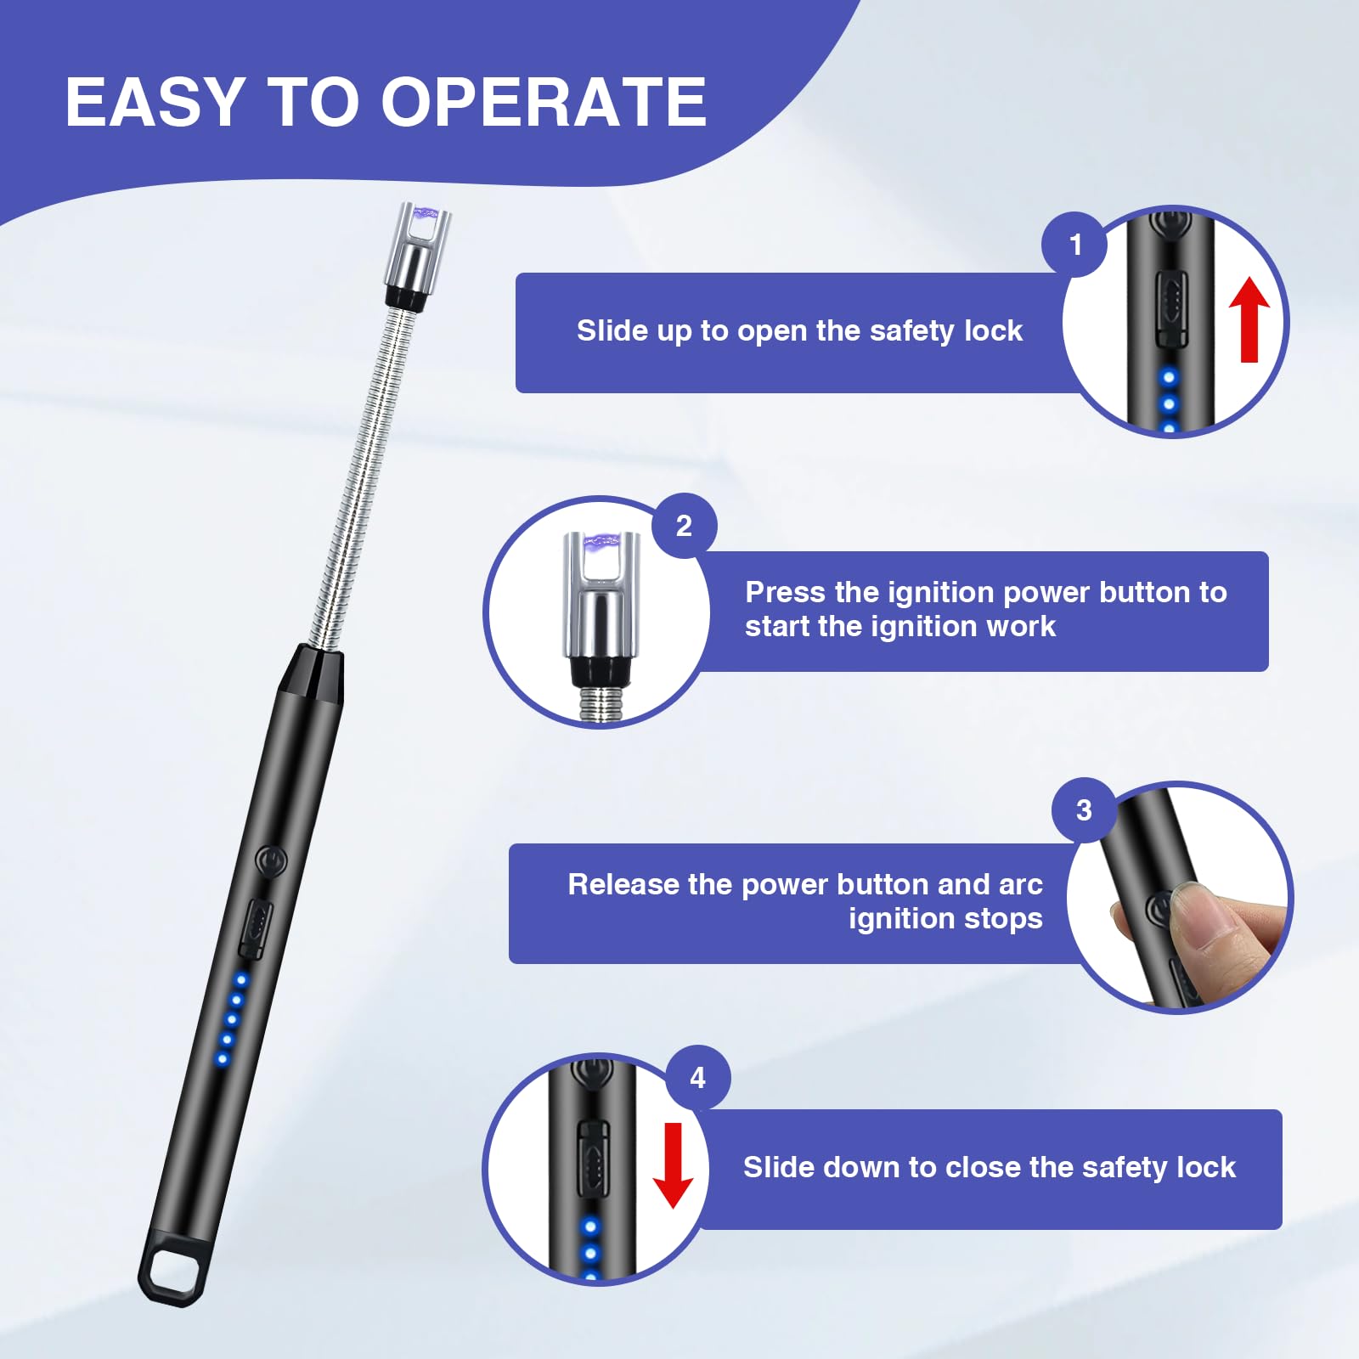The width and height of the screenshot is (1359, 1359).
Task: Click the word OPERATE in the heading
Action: point(544,103)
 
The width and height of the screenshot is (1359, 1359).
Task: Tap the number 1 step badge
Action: point(1075,245)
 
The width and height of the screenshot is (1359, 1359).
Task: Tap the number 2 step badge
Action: point(684,526)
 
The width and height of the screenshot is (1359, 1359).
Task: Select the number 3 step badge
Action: point(1084,810)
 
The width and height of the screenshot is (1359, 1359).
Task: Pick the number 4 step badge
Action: point(697,1078)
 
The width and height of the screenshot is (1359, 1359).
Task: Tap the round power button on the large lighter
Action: point(272,861)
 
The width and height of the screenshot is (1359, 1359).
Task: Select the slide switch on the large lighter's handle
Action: point(256,928)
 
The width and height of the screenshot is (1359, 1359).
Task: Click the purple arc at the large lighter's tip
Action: point(424,216)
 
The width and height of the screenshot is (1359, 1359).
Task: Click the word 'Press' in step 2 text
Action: point(785,592)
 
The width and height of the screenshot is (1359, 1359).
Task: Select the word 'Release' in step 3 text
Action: point(624,884)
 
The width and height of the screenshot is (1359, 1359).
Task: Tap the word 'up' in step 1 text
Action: point(675,331)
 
